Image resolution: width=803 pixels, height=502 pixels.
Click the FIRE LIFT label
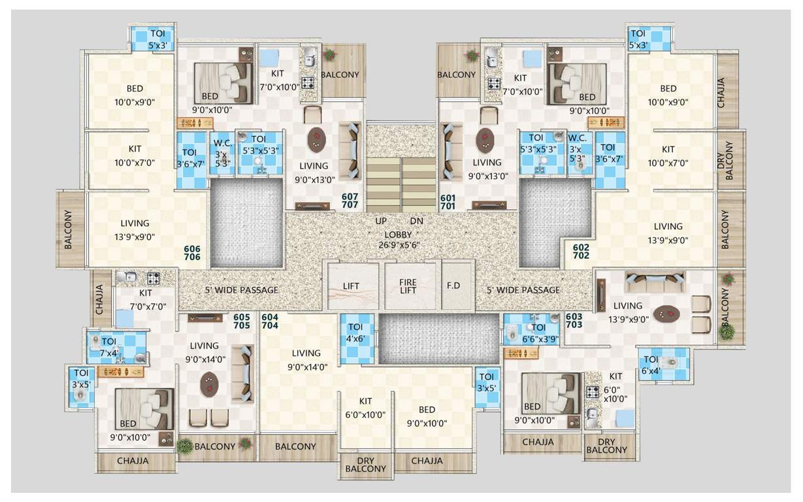tap(408, 286)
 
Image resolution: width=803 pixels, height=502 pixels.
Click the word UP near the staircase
tap(381, 221)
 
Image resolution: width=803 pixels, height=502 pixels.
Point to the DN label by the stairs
tap(417, 221)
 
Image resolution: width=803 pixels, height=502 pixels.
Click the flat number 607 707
tap(350, 201)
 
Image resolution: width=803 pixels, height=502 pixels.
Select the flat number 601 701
tap(448, 201)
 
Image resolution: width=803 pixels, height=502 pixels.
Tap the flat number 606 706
tap(192, 253)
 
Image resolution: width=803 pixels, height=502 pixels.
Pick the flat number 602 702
tap(581, 252)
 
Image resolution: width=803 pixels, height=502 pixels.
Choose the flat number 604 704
tap(270, 321)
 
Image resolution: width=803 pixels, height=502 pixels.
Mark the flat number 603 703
tap(574, 321)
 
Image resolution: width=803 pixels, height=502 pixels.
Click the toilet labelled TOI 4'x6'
tap(355, 333)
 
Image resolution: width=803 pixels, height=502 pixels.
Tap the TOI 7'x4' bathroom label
tap(108, 347)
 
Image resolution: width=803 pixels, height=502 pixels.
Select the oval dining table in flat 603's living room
tap(666, 314)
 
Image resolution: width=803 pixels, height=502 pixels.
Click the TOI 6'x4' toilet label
tap(651, 365)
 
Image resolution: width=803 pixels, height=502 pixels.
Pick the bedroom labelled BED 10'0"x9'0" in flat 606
tap(135, 95)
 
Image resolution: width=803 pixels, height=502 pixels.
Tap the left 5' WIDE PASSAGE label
tap(242, 290)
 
